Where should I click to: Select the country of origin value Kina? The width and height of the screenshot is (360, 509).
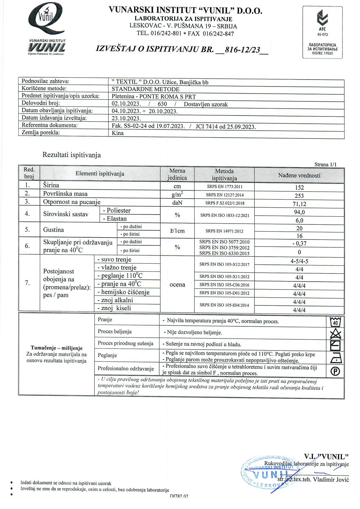pyautogui.click(x=118, y=133)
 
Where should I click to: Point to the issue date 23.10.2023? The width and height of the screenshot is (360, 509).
pyautogui.click(x=126, y=118)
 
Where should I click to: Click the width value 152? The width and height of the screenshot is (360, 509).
pyautogui.click(x=299, y=188)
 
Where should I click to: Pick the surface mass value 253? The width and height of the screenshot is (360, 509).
pyautogui.click(x=299, y=196)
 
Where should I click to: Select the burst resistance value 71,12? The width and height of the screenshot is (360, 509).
pyautogui.click(x=299, y=204)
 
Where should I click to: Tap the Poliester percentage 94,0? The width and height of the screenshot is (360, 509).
pyautogui.click(x=299, y=212)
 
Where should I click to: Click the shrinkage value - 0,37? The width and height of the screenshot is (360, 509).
pyautogui.click(x=299, y=244)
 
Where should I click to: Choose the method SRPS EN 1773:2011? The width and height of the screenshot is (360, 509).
pyautogui.click(x=224, y=187)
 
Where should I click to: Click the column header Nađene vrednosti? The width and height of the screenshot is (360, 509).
pyautogui.click(x=299, y=175)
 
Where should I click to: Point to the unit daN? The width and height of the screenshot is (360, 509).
pyautogui.click(x=177, y=203)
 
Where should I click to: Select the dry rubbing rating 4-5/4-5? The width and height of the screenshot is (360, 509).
pyautogui.click(x=299, y=261)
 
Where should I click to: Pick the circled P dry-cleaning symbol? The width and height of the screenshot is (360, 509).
pyautogui.click(x=335, y=371)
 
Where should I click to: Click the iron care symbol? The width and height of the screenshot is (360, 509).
pyautogui.click(x=336, y=358)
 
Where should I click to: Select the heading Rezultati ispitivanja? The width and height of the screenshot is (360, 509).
pyautogui.click(x=72, y=155)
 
